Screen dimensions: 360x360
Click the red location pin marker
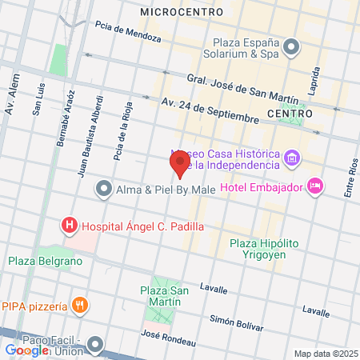coord(180,165)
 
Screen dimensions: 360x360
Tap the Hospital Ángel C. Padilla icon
coord(70,226)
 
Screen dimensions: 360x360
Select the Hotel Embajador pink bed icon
coord(315,186)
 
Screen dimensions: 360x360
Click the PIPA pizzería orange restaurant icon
coord(79,305)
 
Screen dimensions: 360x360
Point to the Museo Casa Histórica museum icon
coord(291,158)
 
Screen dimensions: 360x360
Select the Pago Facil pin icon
coord(97,346)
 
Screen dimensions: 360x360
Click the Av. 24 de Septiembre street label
coord(210,110)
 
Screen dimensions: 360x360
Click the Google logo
coord(26,350)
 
